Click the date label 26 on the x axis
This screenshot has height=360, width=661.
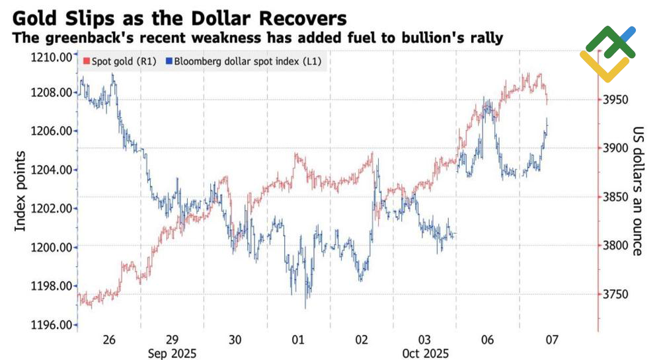pos(109,340)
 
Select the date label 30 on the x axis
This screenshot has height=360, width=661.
pos(235,340)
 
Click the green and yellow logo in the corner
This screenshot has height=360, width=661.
pos(608,53)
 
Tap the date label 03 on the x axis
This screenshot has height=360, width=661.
pos(425,340)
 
